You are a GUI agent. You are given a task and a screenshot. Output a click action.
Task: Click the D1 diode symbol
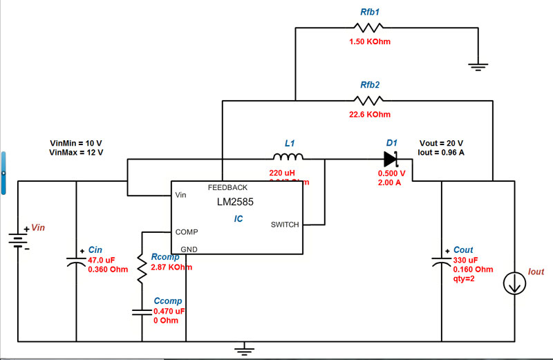point(392,159)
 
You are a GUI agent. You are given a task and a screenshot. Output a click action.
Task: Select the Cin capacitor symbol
point(75,262)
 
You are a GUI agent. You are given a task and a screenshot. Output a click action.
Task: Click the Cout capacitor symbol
point(441,260)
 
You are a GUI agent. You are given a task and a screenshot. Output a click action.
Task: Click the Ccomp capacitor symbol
point(142,312)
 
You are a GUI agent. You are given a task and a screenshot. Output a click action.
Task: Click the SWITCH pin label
point(285,225)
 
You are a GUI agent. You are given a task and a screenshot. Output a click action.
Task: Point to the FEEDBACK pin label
point(227,187)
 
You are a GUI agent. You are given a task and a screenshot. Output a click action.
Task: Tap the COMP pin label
point(187,232)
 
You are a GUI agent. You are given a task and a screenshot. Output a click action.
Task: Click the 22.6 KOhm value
point(370,114)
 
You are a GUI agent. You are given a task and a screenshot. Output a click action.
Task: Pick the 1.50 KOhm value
point(370,42)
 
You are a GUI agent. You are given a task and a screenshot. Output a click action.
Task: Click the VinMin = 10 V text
point(75,143)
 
